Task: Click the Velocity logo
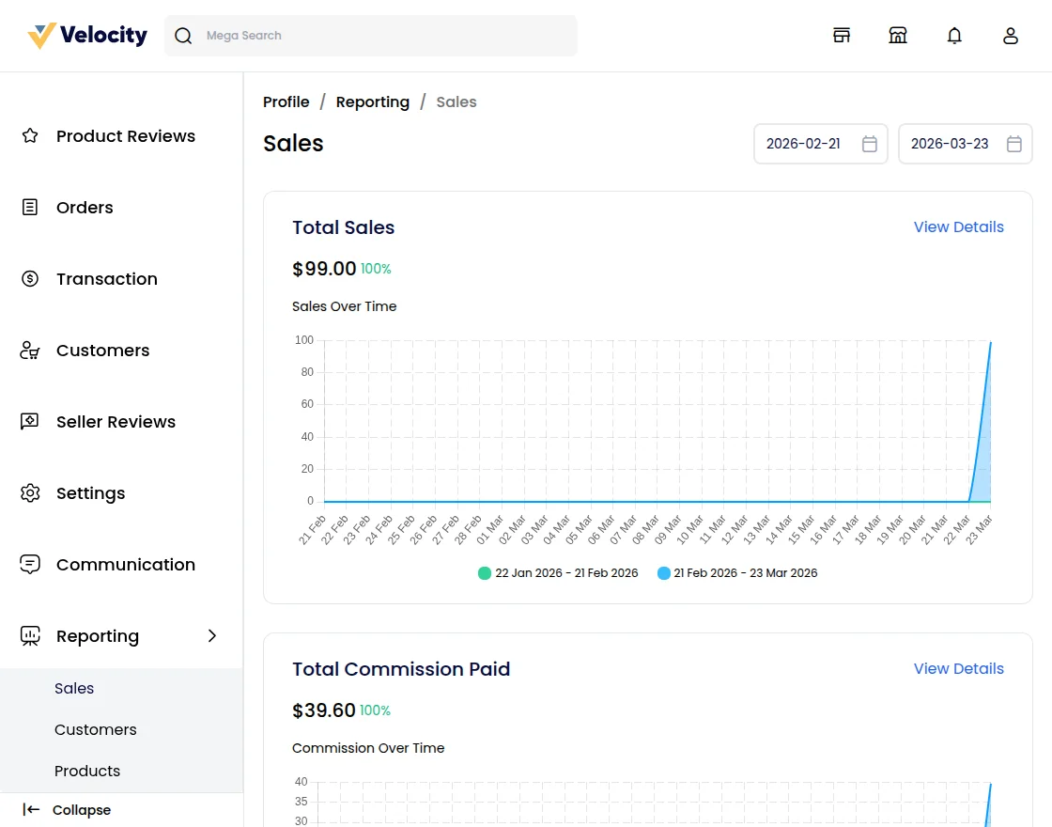[87, 36]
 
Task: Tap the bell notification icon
[954, 36]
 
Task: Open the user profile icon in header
[1011, 36]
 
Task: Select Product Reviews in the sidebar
[125, 136]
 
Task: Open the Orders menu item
[85, 208]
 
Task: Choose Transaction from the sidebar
[106, 279]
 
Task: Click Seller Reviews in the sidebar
[116, 422]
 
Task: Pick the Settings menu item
[90, 493]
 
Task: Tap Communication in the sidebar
[125, 565]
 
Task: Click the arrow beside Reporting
[212, 636]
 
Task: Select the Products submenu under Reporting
[87, 771]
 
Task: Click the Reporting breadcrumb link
[373, 101]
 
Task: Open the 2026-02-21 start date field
[804, 144]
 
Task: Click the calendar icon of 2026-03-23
[1014, 144]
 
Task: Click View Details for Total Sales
[958, 227]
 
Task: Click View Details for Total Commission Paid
[958, 669]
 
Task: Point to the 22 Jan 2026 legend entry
[558, 573]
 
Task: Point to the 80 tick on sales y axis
[307, 372]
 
